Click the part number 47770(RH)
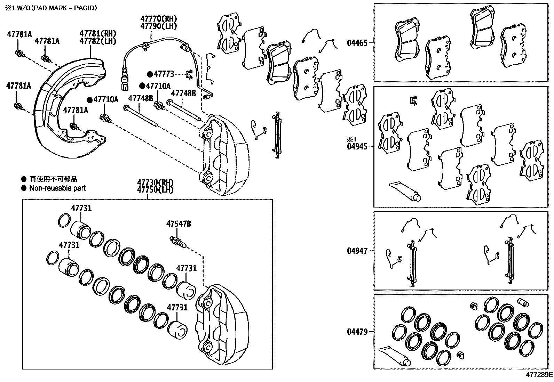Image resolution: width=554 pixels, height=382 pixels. pos(159,19)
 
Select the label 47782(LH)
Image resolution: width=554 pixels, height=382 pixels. pos(97,41)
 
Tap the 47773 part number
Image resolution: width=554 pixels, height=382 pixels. pos(164,74)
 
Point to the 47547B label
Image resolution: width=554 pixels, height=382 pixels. pos(179,224)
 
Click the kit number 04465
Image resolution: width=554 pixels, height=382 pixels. pos(357,43)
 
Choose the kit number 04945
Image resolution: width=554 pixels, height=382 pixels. pos(357,147)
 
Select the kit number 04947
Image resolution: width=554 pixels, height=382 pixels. pos(357,251)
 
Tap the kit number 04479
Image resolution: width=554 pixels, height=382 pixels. pos(357,332)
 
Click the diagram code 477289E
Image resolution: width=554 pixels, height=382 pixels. pos(539,375)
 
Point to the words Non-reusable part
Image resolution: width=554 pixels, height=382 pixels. pos(57,188)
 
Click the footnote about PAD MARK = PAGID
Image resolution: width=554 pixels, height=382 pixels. pos(51,8)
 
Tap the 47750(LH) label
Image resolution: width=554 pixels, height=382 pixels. pos(155,189)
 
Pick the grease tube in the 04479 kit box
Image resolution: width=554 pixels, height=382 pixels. pos(394,356)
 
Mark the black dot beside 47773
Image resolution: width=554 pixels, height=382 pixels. pos(150,74)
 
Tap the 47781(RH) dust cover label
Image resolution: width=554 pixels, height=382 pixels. pos(97,34)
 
